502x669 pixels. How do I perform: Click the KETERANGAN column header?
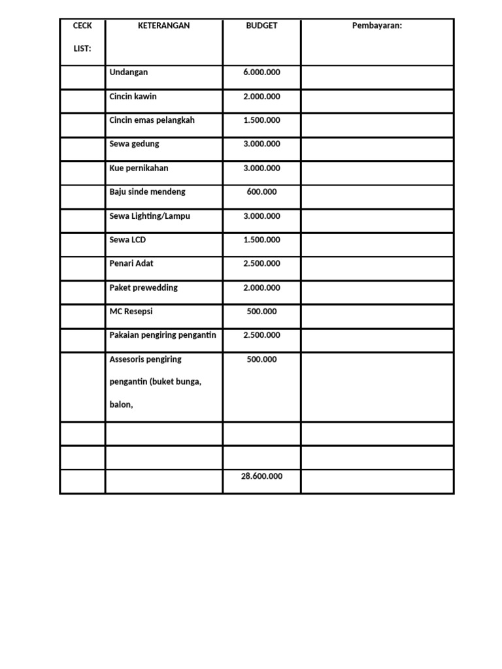(x=164, y=25)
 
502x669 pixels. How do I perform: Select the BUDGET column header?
(x=261, y=25)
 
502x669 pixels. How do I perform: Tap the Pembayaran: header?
(x=377, y=25)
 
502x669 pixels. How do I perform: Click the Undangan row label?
(x=129, y=73)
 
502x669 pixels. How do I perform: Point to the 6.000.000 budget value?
(x=261, y=73)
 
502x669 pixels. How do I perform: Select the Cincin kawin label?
(x=133, y=97)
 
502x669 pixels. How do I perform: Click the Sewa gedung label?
(x=135, y=144)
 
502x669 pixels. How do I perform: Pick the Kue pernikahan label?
(x=139, y=168)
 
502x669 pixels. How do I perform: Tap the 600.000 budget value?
(x=261, y=192)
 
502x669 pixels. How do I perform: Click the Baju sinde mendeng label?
(x=148, y=192)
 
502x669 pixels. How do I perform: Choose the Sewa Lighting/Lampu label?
(x=150, y=216)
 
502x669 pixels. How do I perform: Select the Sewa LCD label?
(x=128, y=240)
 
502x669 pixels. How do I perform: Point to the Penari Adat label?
(x=132, y=264)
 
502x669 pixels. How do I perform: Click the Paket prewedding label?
(x=144, y=287)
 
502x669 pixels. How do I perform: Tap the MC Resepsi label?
(x=131, y=312)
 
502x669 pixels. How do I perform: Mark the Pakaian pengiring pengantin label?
(x=163, y=335)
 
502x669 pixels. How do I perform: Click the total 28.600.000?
(x=261, y=477)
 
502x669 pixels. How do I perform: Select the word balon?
(x=122, y=405)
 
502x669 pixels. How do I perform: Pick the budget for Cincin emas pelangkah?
(x=261, y=120)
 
